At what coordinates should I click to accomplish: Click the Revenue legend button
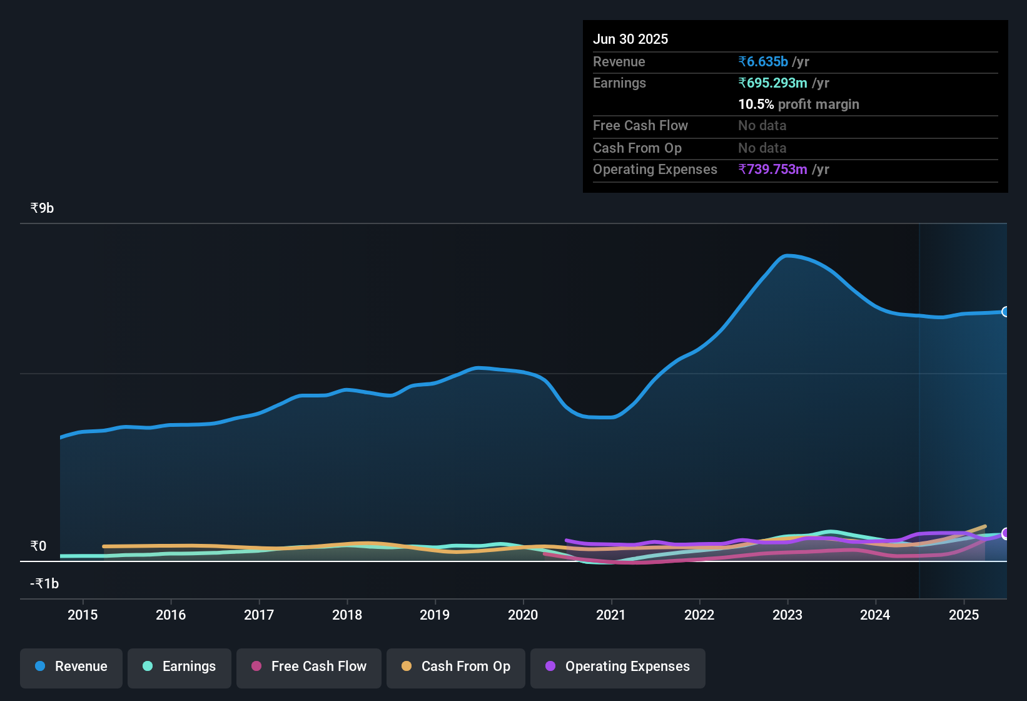click(71, 667)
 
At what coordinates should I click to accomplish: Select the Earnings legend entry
click(180, 667)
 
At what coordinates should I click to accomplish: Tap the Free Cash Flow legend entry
click(309, 667)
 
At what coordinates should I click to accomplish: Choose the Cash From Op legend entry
click(456, 667)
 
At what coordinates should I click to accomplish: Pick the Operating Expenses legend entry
click(618, 667)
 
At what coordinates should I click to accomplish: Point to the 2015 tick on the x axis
click(83, 615)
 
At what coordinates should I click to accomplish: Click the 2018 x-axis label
click(347, 615)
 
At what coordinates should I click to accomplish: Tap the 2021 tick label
click(611, 615)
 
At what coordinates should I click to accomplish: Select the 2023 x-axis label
click(787, 615)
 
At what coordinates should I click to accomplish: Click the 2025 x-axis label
click(964, 615)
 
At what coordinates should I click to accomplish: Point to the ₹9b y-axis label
click(43, 208)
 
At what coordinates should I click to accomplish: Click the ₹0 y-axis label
click(39, 546)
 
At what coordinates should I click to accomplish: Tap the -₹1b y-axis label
click(45, 583)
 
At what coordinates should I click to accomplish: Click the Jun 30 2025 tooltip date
click(630, 39)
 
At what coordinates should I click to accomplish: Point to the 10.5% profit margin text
click(799, 104)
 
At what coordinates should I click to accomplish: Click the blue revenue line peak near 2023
click(787, 255)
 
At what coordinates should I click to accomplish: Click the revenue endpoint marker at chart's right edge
click(1005, 312)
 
